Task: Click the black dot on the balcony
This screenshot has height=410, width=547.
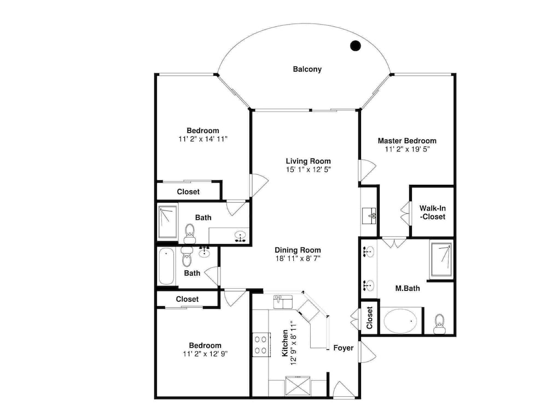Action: [355, 45]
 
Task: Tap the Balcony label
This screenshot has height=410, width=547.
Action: [307, 69]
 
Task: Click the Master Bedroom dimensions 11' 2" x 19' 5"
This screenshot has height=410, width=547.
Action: [407, 149]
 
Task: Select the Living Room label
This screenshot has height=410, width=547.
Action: [309, 161]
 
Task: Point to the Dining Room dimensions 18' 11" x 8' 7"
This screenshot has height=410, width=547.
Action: [298, 259]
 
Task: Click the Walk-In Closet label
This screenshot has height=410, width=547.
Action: [433, 212]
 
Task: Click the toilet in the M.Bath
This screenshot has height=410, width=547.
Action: [440, 324]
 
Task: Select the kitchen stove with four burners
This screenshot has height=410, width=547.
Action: [261, 344]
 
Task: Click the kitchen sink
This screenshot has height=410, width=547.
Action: [283, 302]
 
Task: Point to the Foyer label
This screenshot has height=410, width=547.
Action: [344, 348]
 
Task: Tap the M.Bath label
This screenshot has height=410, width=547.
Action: [408, 288]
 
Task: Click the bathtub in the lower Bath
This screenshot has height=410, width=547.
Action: [166, 266]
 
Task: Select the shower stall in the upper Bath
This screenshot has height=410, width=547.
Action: [168, 222]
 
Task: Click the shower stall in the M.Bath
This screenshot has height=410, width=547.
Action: [441, 260]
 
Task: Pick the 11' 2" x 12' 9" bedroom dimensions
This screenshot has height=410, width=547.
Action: [205, 354]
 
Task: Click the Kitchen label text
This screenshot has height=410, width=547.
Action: [285, 343]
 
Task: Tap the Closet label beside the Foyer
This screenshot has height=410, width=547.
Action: [370, 318]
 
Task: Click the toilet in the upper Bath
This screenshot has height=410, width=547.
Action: [190, 233]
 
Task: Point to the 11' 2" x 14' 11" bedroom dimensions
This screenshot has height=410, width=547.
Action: [203, 139]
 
